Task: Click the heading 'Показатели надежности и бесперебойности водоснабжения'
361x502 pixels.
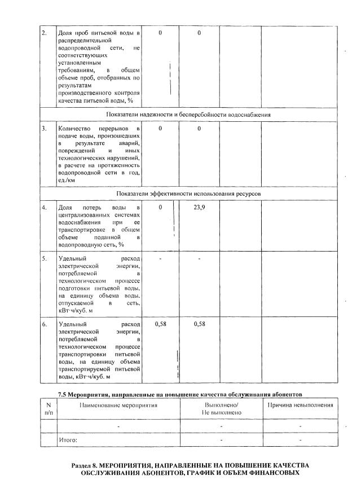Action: coord(188,115)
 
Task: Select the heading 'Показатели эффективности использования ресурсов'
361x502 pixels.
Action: coord(188,193)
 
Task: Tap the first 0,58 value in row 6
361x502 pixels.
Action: coord(160,324)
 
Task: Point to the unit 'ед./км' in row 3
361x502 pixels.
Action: coord(67,180)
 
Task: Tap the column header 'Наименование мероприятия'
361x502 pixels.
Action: coord(118,405)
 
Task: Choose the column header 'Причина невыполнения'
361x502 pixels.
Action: coord(300,405)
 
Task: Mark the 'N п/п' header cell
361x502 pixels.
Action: coord(48,409)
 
